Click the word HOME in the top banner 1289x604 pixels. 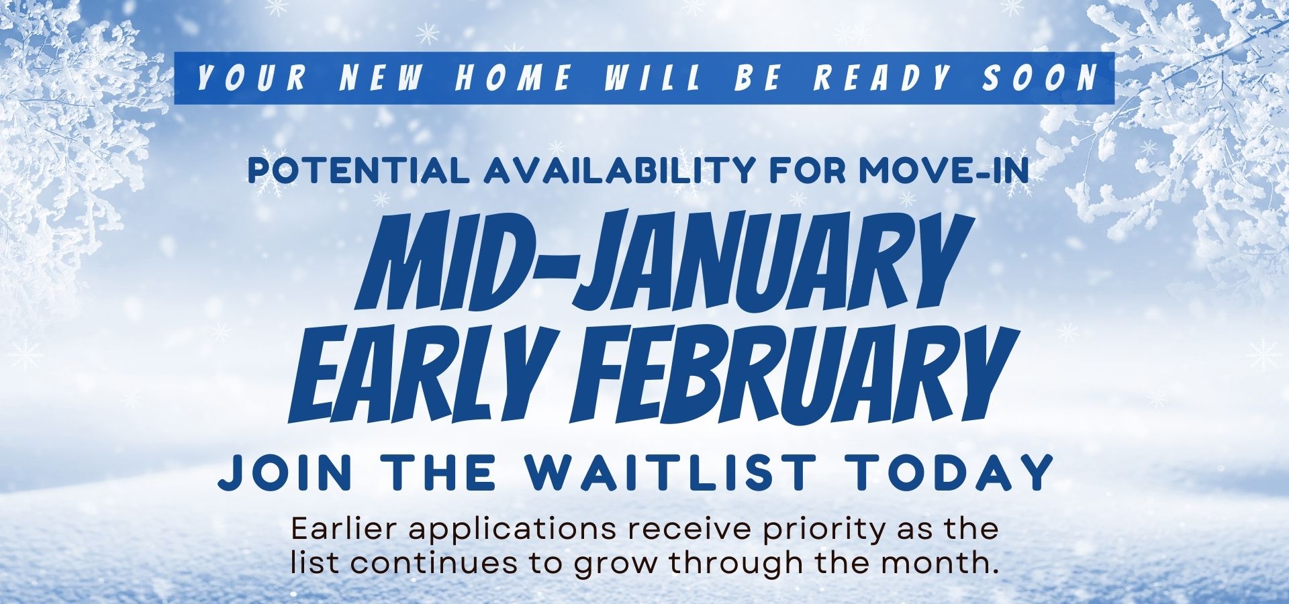513,79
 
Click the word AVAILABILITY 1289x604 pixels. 616,171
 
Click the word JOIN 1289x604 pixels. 285,472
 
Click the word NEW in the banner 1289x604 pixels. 381,79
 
